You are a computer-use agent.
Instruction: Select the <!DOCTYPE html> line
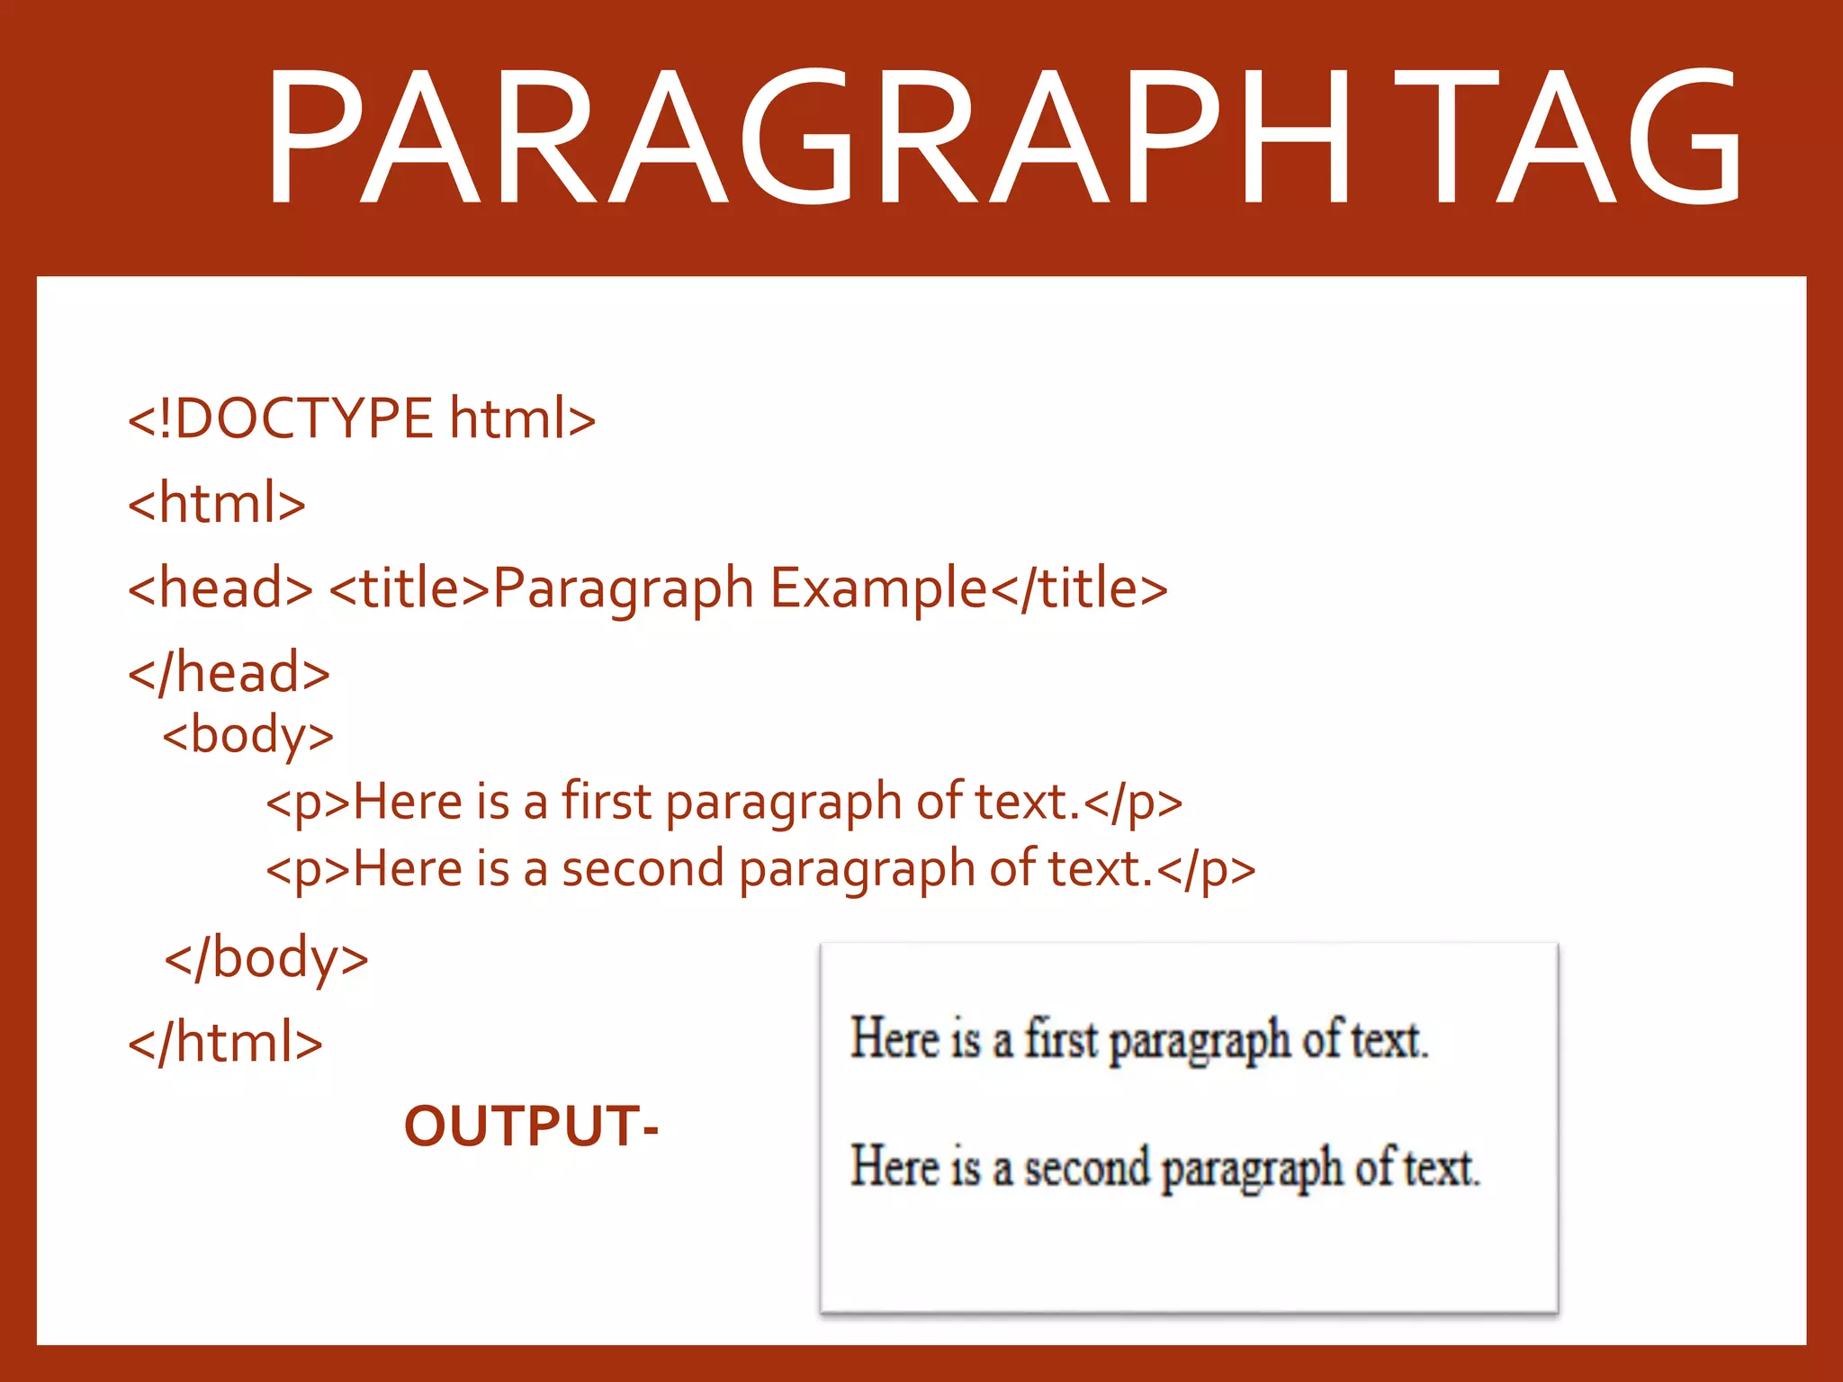point(362,419)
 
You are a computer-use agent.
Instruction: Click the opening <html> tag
point(217,504)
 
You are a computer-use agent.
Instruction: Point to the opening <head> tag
point(220,588)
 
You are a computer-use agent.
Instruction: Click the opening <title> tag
point(409,588)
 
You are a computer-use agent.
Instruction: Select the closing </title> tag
point(1079,588)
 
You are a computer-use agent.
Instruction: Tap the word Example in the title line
point(879,588)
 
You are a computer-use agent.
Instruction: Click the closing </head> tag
point(229,673)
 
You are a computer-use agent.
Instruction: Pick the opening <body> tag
point(248,736)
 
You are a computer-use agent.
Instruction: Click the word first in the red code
point(607,802)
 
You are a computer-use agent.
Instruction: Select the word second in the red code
point(643,869)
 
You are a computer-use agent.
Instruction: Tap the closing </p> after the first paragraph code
point(1133,802)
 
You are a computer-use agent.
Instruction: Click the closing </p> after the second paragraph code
point(1206,869)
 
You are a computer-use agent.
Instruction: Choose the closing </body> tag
point(266,957)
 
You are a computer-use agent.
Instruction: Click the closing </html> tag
point(226,1042)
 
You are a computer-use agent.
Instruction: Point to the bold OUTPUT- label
point(531,1126)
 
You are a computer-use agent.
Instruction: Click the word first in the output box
point(1061,1039)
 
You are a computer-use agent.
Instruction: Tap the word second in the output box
point(1087,1168)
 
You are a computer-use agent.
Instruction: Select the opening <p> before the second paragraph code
point(308,869)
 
